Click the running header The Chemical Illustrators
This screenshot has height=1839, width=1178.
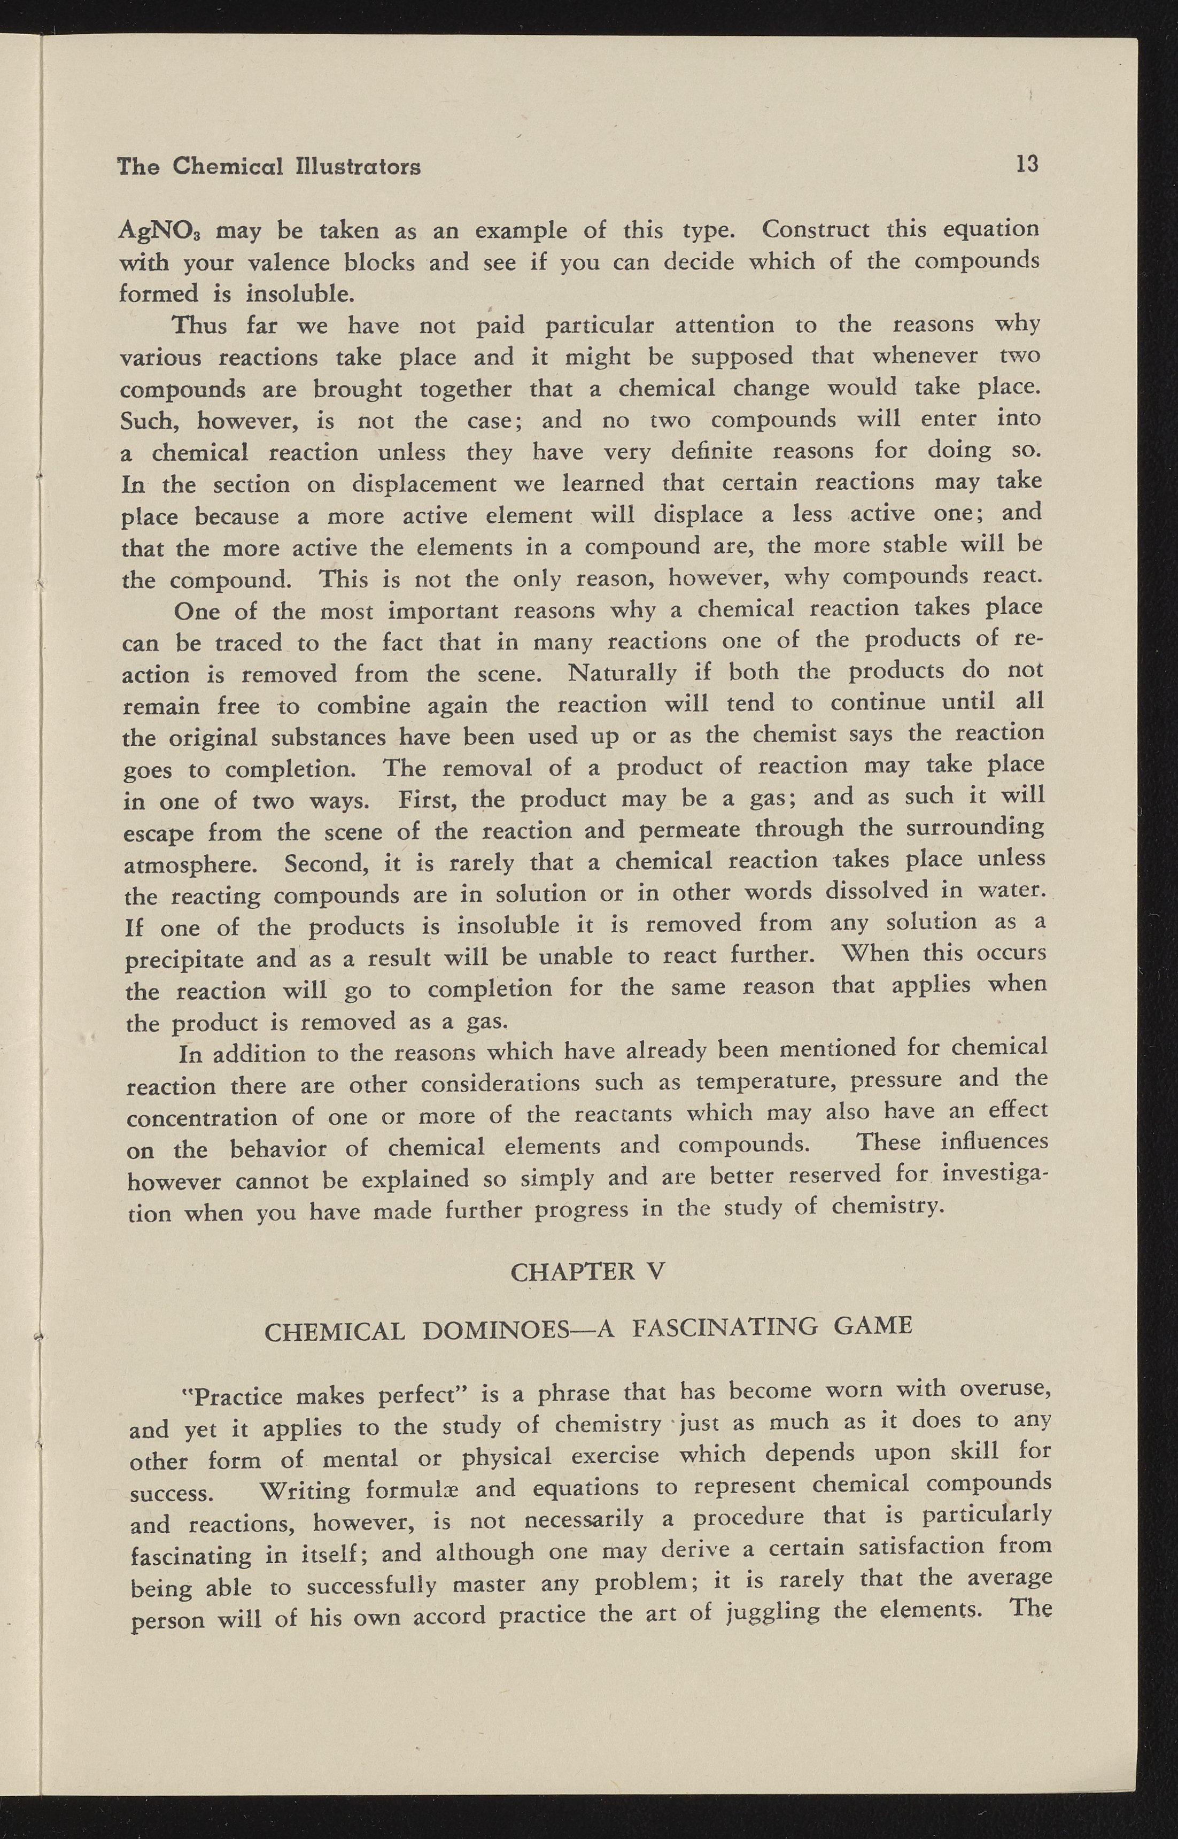pyautogui.click(x=268, y=167)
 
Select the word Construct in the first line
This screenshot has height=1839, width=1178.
pyautogui.click(x=816, y=229)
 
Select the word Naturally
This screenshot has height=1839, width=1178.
pyautogui.click(x=623, y=673)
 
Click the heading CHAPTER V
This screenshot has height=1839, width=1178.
pyautogui.click(x=587, y=1271)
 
